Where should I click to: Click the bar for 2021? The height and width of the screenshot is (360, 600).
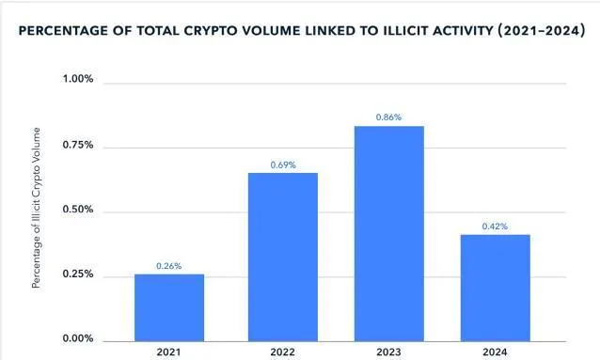(x=169, y=307)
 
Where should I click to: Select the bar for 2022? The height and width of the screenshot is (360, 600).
(x=283, y=257)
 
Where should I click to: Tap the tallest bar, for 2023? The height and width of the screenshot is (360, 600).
(x=388, y=233)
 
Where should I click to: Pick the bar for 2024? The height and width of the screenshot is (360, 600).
(x=496, y=288)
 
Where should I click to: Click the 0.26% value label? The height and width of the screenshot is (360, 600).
(x=169, y=266)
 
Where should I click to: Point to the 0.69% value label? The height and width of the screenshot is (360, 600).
(x=283, y=164)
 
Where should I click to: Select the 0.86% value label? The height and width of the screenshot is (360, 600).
(x=388, y=117)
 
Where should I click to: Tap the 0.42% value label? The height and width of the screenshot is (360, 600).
(x=496, y=226)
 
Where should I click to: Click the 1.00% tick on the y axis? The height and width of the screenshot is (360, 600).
(x=77, y=80)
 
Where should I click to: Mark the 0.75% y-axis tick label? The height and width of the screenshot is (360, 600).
(x=77, y=145)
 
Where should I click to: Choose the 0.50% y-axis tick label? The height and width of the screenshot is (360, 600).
(x=77, y=210)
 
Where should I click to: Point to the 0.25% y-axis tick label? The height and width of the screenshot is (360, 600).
(x=77, y=274)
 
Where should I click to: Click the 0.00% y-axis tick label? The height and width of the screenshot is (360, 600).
(x=77, y=339)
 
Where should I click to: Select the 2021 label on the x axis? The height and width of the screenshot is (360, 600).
(x=169, y=352)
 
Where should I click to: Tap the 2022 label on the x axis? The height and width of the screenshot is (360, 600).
(x=283, y=352)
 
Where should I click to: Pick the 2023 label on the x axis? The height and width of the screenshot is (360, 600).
(x=388, y=352)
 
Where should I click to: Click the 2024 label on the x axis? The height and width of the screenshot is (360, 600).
(x=496, y=352)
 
